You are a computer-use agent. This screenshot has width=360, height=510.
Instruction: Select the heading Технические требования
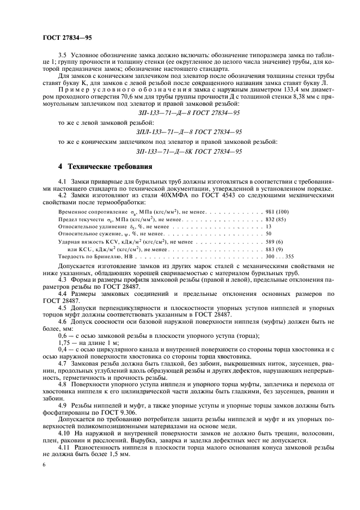pyautogui.click(x=104, y=166)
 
